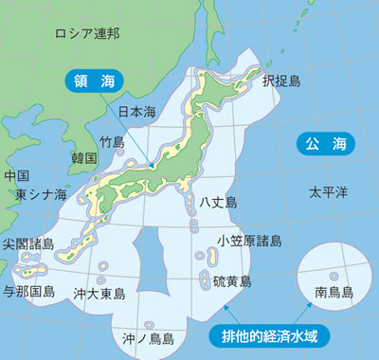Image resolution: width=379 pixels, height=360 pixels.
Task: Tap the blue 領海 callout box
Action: click(93, 82)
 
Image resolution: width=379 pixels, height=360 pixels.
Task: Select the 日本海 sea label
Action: click(135, 112)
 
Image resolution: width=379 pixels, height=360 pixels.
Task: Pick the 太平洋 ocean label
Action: click(328, 192)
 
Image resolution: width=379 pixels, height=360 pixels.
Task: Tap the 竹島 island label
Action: click(112, 141)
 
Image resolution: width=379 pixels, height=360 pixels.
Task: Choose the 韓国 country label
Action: click(83, 158)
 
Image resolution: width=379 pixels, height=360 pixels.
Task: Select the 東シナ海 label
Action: click(41, 195)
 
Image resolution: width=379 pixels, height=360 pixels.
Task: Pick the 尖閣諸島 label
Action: click(28, 244)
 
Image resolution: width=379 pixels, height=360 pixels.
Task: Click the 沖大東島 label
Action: click(99, 294)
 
